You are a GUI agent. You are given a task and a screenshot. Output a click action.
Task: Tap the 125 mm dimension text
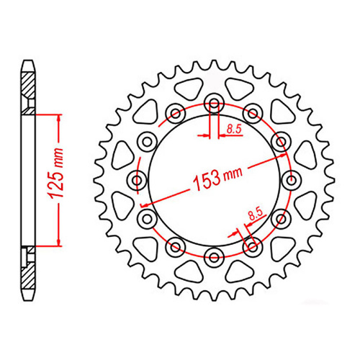coord(57,174)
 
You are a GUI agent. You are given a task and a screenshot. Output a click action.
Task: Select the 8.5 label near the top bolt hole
coord(234,130)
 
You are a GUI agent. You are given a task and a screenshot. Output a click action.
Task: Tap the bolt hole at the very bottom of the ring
coord(214,257)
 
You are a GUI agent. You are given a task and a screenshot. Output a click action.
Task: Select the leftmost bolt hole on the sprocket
coord(138,180)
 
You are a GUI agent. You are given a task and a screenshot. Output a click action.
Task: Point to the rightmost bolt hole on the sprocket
coord(291,180)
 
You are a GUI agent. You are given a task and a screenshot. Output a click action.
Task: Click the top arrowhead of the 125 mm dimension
coord(59,118)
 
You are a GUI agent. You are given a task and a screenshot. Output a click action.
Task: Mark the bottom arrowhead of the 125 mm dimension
coord(59,242)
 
